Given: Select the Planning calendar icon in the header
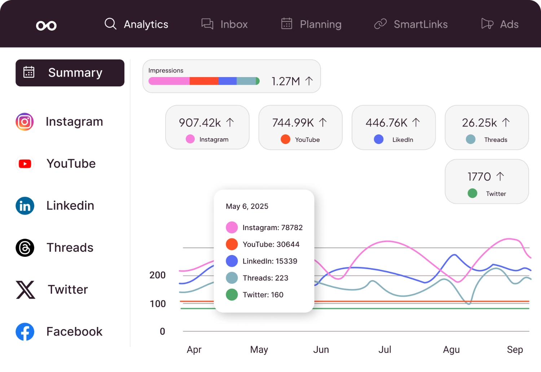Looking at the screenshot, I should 287,24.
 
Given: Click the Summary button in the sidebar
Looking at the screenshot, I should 70,73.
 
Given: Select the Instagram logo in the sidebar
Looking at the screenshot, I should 25,122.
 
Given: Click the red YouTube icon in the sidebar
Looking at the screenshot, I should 25,164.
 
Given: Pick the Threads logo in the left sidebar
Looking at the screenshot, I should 25,248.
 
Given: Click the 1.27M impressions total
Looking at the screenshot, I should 286,81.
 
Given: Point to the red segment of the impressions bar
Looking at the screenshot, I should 204,81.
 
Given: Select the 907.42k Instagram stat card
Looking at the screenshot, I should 207,127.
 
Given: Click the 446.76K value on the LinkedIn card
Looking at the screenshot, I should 386,123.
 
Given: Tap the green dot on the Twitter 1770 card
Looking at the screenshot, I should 472,193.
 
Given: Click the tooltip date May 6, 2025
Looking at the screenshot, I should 247,206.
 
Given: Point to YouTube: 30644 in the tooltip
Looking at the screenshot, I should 271,245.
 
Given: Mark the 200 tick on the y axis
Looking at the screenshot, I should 158,275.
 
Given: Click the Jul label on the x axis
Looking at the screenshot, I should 384,350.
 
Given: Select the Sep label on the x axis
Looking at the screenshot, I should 515,350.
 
